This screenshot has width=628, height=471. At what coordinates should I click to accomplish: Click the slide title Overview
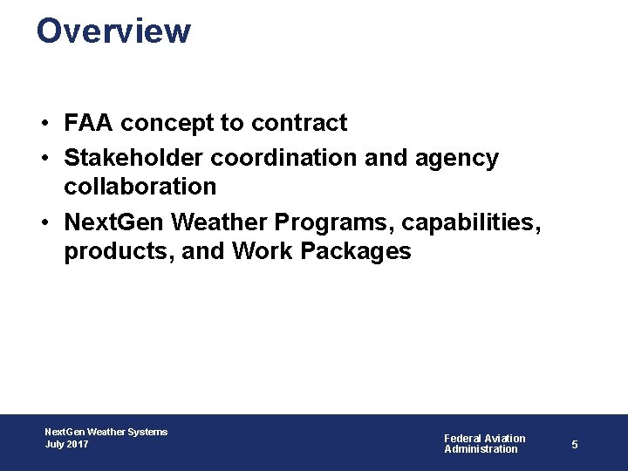tap(113, 31)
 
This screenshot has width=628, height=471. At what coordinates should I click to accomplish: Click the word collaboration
tap(140, 186)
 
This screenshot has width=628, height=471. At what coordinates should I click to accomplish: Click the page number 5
tap(575, 445)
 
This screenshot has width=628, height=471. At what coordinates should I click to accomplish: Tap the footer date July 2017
tap(67, 444)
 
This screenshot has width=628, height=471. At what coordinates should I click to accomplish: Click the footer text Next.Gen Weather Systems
tap(106, 432)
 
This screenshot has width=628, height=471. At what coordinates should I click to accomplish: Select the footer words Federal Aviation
tap(485, 438)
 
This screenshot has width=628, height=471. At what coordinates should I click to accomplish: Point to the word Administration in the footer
tap(481, 449)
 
